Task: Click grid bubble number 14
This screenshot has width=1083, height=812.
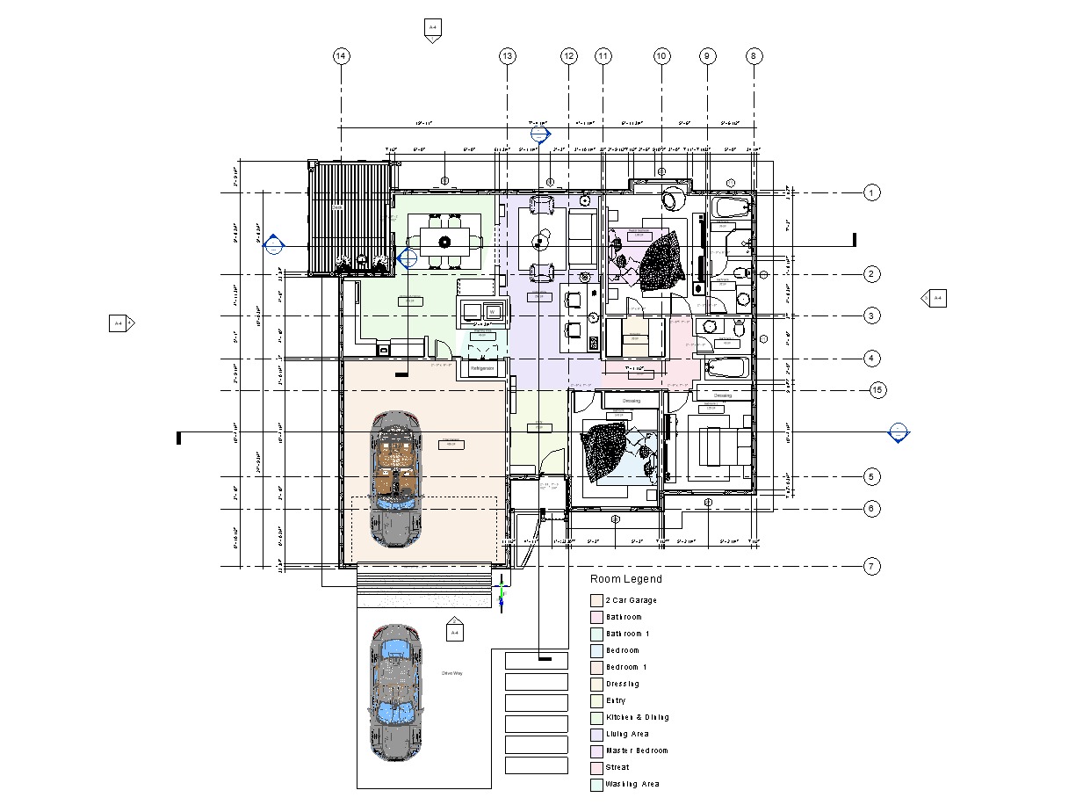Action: click(341, 56)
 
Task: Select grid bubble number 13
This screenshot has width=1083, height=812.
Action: click(507, 56)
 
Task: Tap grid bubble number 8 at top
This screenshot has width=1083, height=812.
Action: click(754, 56)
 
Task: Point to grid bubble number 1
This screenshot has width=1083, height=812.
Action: click(871, 192)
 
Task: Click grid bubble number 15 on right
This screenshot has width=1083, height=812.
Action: click(877, 390)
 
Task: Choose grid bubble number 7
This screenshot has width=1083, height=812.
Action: click(871, 567)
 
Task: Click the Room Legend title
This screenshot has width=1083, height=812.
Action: click(625, 579)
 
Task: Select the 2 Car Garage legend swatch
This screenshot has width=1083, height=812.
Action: click(596, 601)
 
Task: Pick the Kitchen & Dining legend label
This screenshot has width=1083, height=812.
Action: click(637, 718)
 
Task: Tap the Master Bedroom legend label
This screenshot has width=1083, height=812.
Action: click(636, 751)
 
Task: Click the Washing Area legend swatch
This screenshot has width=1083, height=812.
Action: click(596, 785)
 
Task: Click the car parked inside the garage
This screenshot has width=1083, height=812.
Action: click(395, 479)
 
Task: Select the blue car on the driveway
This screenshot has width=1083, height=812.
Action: click(395, 692)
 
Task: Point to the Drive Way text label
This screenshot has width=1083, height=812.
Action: click(451, 673)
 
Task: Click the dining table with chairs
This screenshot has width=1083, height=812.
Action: click(444, 242)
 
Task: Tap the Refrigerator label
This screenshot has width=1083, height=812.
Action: click(482, 369)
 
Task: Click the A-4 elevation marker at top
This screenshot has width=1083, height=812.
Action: click(432, 28)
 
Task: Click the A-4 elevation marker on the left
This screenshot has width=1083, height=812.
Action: click(119, 323)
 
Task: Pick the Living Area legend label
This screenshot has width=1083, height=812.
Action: click(627, 735)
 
